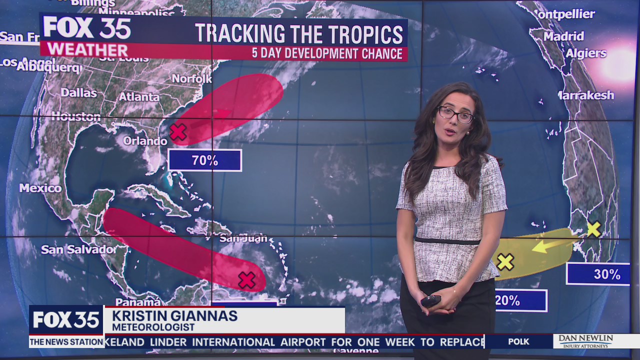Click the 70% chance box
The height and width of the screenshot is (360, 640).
point(205,160)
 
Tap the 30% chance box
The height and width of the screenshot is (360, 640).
point(598,274)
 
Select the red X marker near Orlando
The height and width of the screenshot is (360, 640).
point(177,132)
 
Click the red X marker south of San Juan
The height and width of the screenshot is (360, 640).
point(246,280)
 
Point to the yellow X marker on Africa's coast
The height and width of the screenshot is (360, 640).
point(593,229)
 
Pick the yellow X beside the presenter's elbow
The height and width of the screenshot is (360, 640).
point(505,261)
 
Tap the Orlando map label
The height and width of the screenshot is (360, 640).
point(145,141)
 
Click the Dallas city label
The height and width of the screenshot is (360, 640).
point(79,92)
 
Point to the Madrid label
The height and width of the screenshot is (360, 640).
point(563,36)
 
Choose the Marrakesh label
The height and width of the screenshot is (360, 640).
point(585,95)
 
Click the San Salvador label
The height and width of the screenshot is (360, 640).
point(77,249)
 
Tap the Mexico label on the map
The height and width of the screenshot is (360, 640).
point(40,188)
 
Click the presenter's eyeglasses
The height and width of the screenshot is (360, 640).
point(455,114)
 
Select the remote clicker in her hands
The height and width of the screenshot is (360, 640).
point(430,300)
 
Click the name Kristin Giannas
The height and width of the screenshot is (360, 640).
point(174,316)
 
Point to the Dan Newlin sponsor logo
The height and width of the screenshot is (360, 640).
point(585,341)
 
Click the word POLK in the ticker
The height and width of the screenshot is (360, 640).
point(518,342)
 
